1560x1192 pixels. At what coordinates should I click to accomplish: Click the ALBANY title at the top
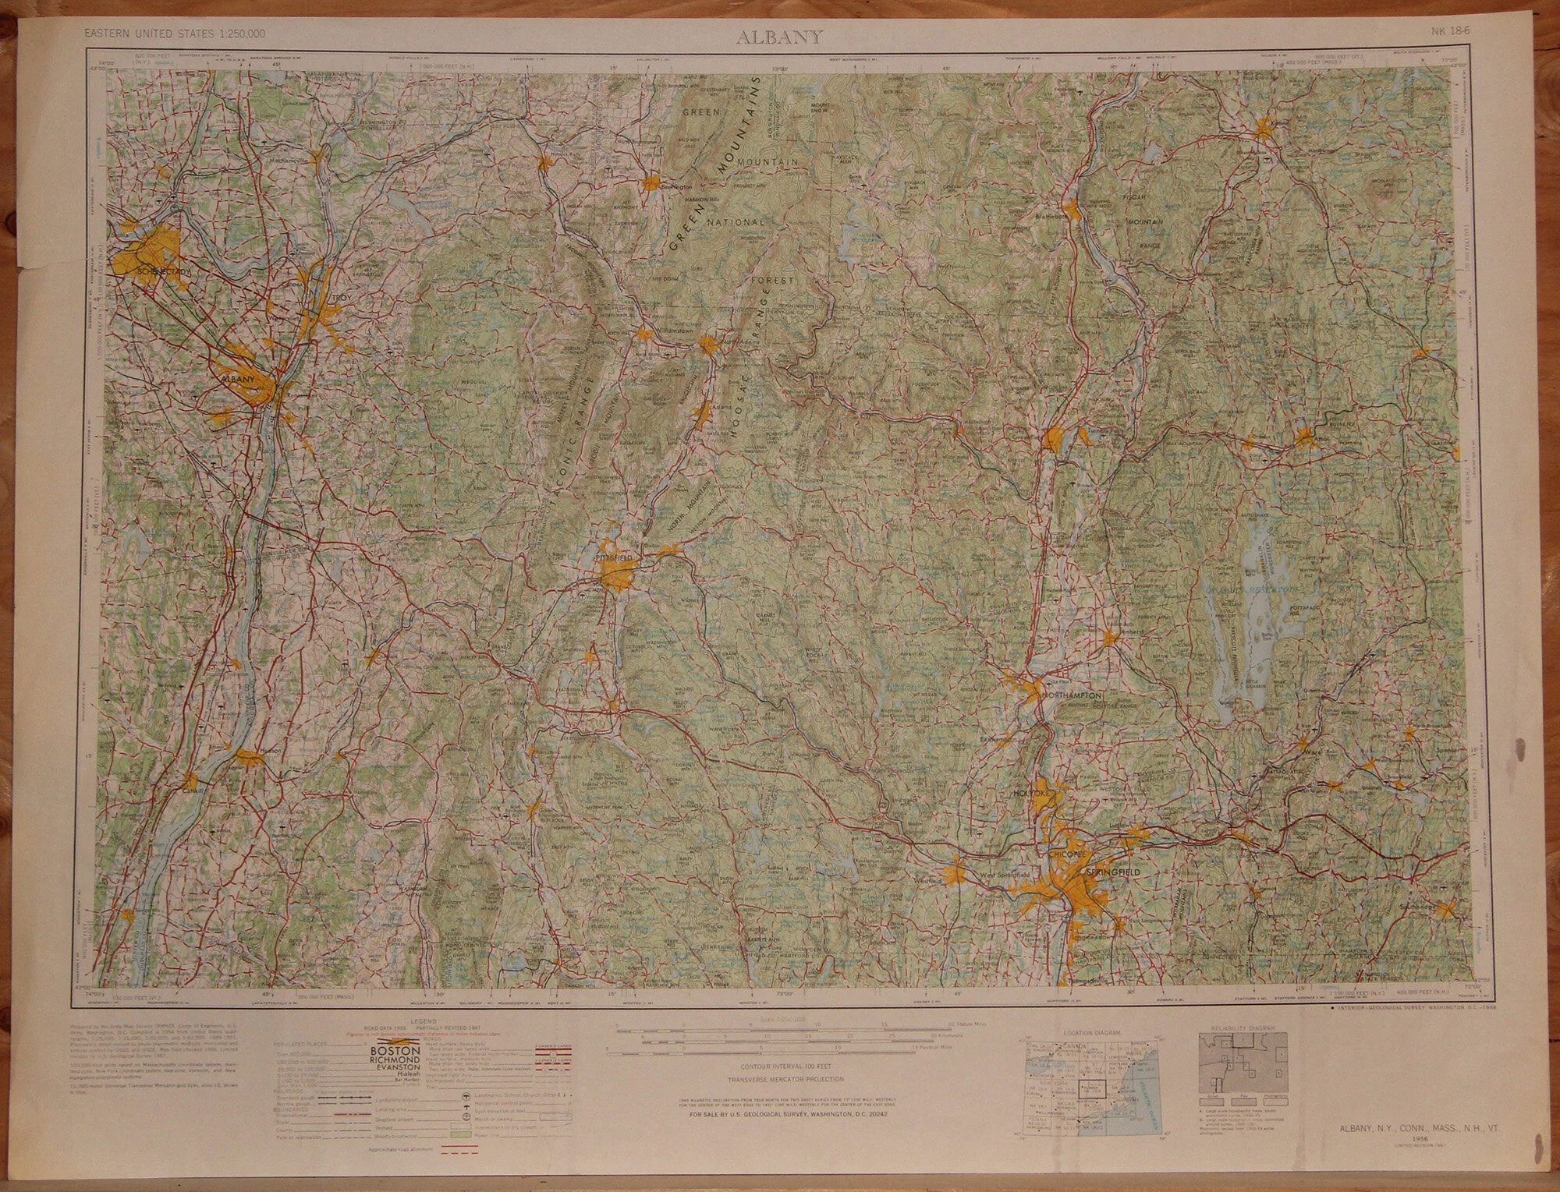[779, 37]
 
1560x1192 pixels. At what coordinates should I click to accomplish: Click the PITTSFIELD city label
[614, 560]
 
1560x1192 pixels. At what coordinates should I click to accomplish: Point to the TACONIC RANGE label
[575, 460]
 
